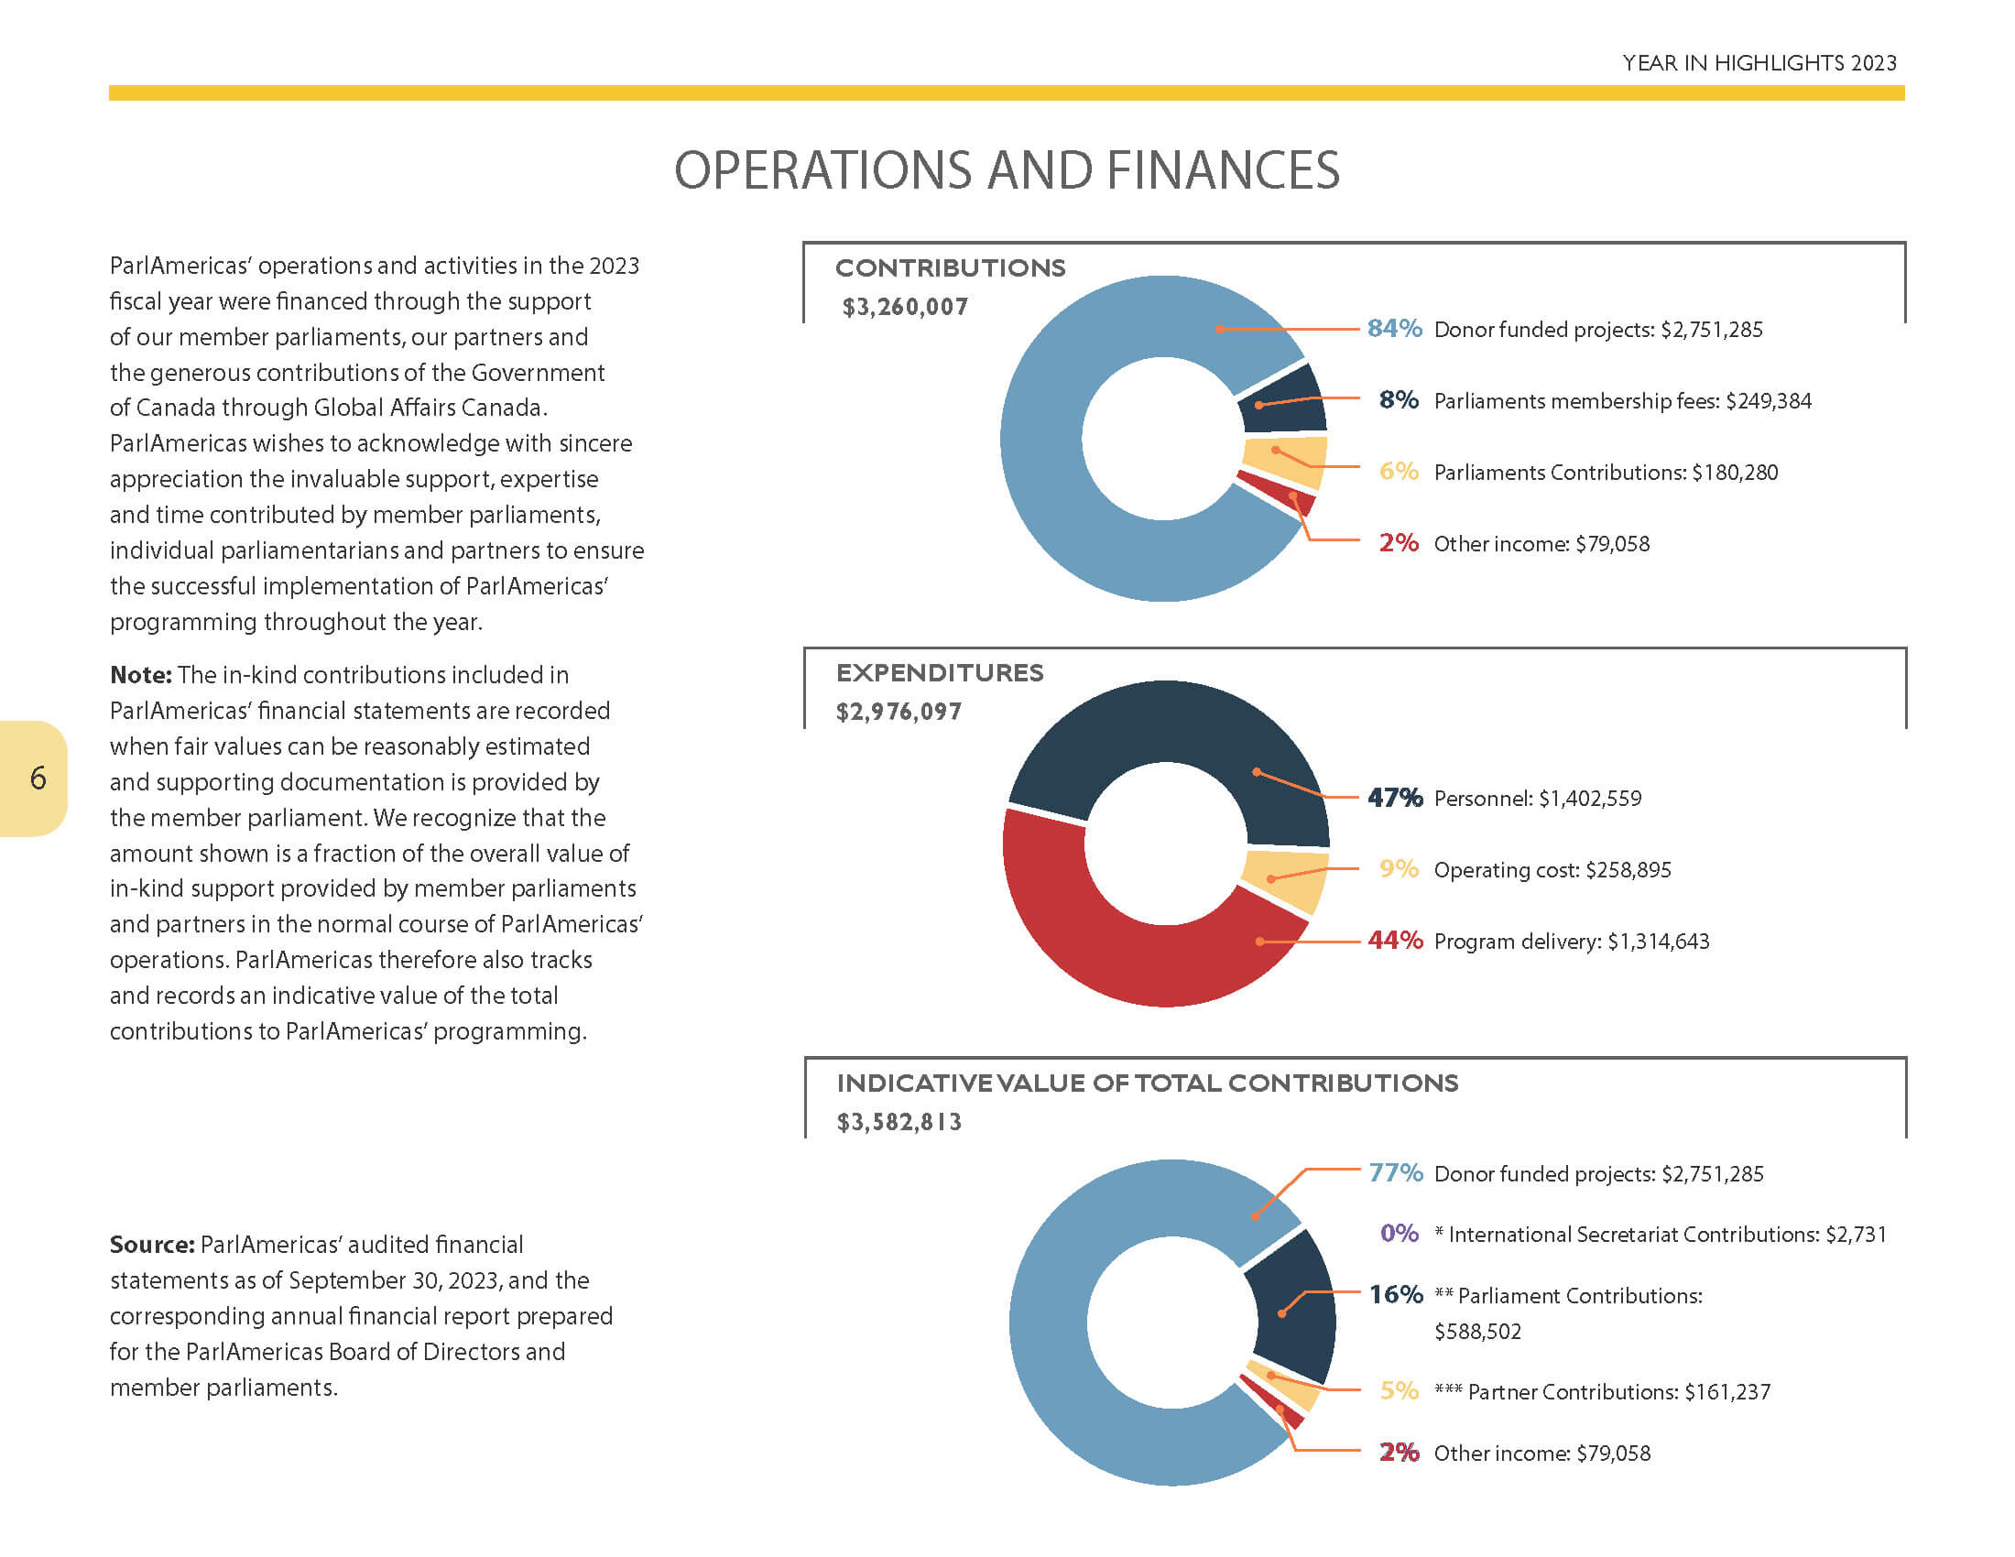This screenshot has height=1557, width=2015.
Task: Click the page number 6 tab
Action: coord(33,778)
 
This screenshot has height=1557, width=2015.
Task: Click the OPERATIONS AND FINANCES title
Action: coord(1007,170)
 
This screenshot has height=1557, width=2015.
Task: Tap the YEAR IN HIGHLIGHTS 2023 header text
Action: coord(1759,62)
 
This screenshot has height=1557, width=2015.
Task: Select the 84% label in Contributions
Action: coord(1394,329)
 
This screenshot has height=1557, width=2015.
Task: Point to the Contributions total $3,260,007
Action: coord(904,307)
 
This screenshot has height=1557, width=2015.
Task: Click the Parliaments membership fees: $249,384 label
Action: coord(1622,401)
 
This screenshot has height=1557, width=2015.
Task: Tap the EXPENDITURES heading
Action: coord(939,672)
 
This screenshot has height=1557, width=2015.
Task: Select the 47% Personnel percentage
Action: coord(1395,797)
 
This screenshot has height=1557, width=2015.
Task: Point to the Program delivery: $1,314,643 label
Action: coord(1571,942)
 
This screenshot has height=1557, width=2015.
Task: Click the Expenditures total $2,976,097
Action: coord(899,712)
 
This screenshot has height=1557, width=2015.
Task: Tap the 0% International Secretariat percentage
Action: coord(1399,1234)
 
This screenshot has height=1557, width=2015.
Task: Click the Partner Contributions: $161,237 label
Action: coord(1603,1392)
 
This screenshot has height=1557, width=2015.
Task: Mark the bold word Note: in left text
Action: coord(140,675)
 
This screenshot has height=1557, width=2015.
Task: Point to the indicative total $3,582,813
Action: coord(899,1123)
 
